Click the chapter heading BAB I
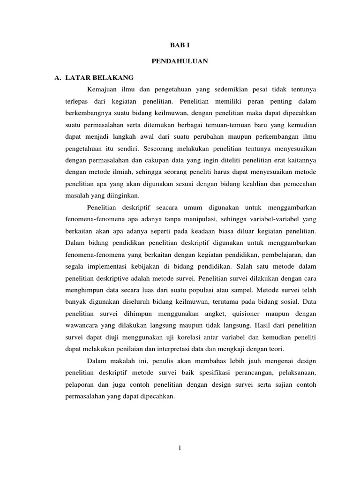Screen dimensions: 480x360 tap(180, 45)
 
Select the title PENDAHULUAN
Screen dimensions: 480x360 tap(180, 61)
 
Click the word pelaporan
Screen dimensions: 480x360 tap(78, 385)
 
